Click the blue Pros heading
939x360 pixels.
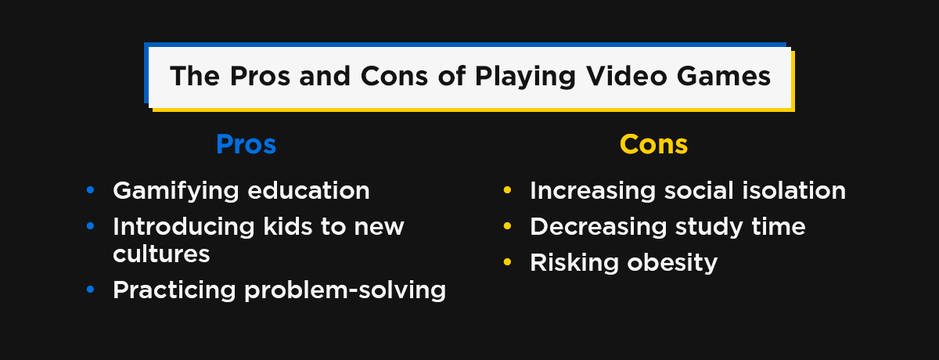(x=246, y=144)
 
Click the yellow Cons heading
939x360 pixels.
(x=653, y=144)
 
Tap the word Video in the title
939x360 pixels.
(x=626, y=76)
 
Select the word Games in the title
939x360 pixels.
(x=724, y=76)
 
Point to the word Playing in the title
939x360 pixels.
(x=525, y=77)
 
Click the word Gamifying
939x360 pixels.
(x=175, y=191)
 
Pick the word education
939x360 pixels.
(x=308, y=191)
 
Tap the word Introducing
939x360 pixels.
(x=184, y=227)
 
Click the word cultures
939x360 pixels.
(x=161, y=254)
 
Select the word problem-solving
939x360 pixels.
(x=345, y=290)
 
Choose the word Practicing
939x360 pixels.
(x=174, y=290)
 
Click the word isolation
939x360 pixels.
(x=794, y=191)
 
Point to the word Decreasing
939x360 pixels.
(x=598, y=227)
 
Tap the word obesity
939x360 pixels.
(x=672, y=264)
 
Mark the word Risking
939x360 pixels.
(x=574, y=264)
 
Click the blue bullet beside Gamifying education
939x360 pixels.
(x=90, y=190)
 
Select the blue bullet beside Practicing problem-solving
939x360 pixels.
(x=90, y=289)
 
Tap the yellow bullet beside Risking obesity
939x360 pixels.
(x=507, y=262)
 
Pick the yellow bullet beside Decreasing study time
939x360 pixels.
(x=507, y=226)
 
